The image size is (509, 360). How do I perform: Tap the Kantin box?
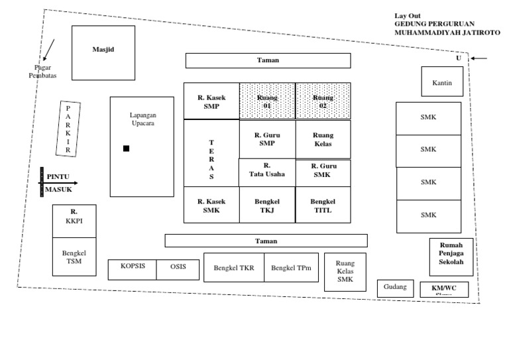(x=442, y=82)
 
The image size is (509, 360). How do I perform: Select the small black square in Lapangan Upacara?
(x=126, y=149)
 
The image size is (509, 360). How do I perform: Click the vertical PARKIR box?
(x=68, y=129)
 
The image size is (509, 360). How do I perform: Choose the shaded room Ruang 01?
(x=267, y=101)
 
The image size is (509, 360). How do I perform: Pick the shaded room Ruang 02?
(x=323, y=101)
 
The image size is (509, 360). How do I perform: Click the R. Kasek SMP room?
(x=211, y=101)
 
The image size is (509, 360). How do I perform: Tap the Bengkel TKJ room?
(x=267, y=205)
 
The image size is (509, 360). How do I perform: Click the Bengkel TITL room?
(x=323, y=205)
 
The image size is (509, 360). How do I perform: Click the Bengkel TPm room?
(x=291, y=267)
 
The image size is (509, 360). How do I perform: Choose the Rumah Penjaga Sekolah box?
(x=451, y=253)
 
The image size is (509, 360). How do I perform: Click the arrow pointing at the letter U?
(x=480, y=58)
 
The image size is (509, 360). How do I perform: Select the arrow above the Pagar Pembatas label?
(x=50, y=50)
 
